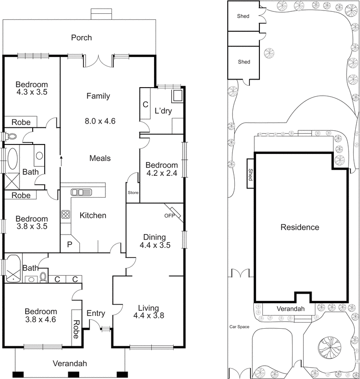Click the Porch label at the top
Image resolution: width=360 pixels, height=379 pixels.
click(82, 38)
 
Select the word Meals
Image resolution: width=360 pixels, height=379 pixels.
click(100, 158)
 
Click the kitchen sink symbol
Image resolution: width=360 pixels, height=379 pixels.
click(82, 192)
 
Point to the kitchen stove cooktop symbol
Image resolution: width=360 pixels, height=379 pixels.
click(65, 214)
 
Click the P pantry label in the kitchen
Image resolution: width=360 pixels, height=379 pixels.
click(70, 245)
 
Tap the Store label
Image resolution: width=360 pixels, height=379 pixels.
click(133, 193)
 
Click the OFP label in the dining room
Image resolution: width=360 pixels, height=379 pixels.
click(169, 216)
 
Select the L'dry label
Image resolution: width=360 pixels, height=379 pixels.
click(163, 112)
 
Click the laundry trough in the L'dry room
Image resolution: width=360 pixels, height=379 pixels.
click(178, 96)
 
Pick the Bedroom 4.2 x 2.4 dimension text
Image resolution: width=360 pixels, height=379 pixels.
click(161, 173)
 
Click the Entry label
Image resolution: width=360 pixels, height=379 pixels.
click(96, 314)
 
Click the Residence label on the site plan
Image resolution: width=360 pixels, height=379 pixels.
click(300, 227)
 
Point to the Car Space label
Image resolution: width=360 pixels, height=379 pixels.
click(240, 326)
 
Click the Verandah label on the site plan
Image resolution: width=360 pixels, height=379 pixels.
click(290, 308)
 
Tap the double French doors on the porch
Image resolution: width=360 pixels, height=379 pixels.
click(98, 61)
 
